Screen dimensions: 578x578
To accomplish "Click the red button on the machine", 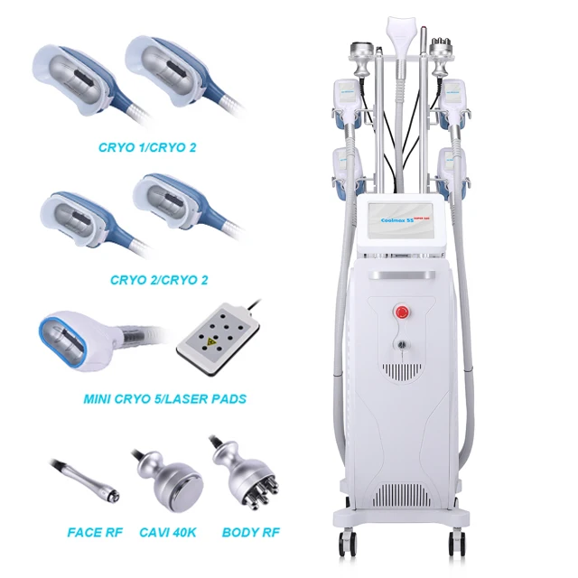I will (398, 313).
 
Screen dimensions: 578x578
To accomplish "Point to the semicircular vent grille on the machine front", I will (398, 373).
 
